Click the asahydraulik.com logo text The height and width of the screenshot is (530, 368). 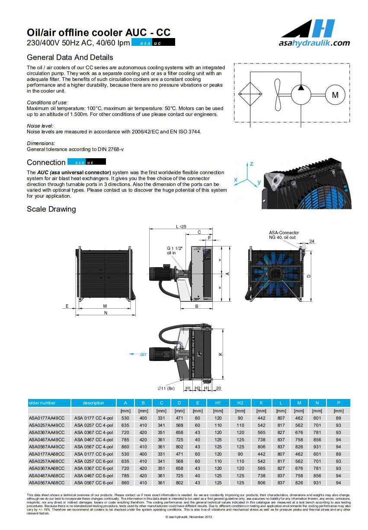[x=314, y=43]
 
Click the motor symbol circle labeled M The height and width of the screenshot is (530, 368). [x=335, y=95]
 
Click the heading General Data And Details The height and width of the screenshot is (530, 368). [x=70, y=57]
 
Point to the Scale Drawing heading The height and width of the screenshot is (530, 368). [x=51, y=209]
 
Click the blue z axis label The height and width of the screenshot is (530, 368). [x=251, y=164]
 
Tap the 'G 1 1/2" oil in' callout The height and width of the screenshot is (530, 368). [x=175, y=250]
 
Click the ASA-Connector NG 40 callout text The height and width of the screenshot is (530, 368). [x=284, y=235]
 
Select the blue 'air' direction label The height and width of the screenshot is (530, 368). [x=143, y=354]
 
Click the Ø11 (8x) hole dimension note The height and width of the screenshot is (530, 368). [x=166, y=388]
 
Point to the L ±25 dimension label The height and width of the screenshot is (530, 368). [x=181, y=227]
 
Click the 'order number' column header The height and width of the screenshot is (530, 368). [x=42, y=403]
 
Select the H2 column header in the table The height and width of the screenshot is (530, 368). [x=240, y=403]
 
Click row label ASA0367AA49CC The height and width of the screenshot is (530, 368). [x=47, y=432]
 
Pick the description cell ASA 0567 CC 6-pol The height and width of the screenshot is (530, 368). [x=93, y=482]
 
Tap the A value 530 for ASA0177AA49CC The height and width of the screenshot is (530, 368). [x=125, y=418]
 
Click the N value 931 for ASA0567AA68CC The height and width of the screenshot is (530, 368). [x=317, y=482]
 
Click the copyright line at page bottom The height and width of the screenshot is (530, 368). [x=189, y=517]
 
